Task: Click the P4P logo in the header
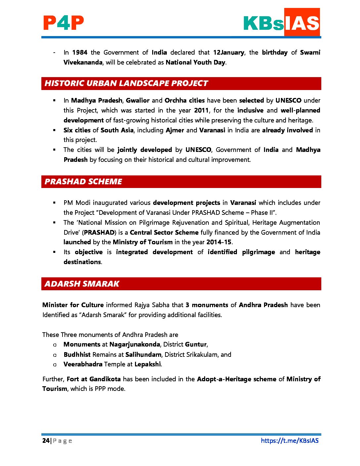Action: pyautogui.click(x=63, y=23)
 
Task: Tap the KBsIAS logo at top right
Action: pyautogui.click(x=281, y=23)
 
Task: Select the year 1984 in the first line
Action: pyautogui.click(x=80, y=52)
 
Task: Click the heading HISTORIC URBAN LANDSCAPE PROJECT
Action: pyautogui.click(x=126, y=83)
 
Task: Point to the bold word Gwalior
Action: pyautogui.click(x=138, y=100)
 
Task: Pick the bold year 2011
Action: pyautogui.click(x=201, y=110)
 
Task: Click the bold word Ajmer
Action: pyautogui.click(x=175, y=130)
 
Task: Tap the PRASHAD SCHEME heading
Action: pyautogui.click(x=83, y=182)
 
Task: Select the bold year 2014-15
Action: pyautogui.click(x=219, y=242)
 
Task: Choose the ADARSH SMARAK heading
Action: pyautogui.click(x=82, y=284)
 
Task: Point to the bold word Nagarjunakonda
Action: pyautogui.click(x=135, y=344)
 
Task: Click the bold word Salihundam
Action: pyautogui.click(x=143, y=354)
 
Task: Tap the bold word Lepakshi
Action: pyautogui.click(x=148, y=364)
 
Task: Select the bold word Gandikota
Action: pyautogui.click(x=105, y=379)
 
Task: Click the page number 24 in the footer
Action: pyautogui.click(x=46, y=441)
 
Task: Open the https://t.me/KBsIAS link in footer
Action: pyautogui.click(x=290, y=441)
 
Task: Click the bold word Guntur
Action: pyautogui.click(x=196, y=344)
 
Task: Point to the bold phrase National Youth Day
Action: pyautogui.click(x=195, y=62)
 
